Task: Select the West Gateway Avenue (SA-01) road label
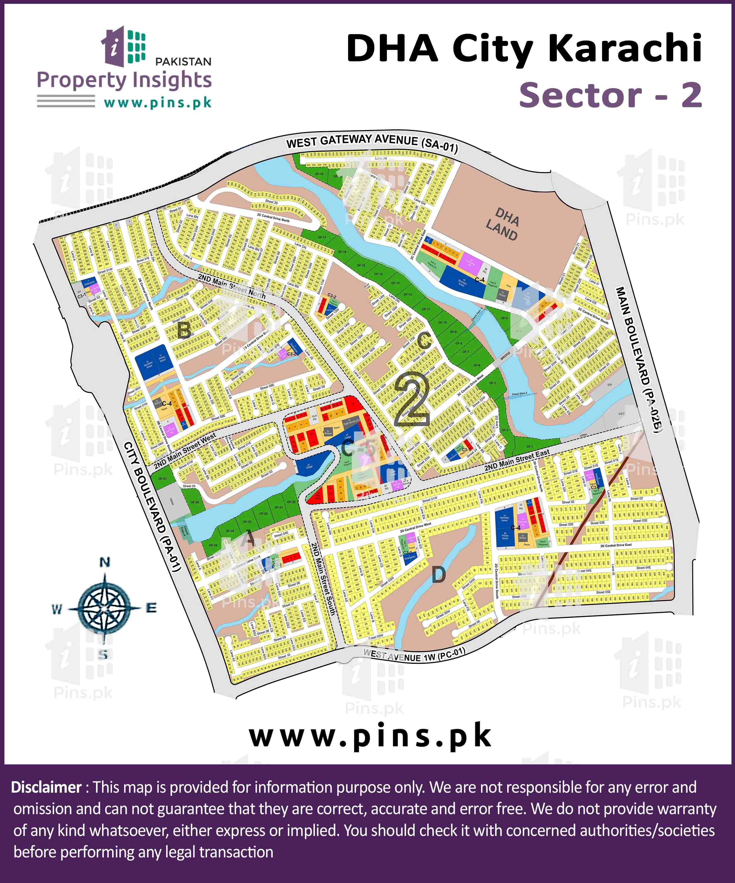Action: (x=372, y=142)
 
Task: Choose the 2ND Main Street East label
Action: (x=517, y=460)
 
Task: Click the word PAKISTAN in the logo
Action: (x=183, y=62)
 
